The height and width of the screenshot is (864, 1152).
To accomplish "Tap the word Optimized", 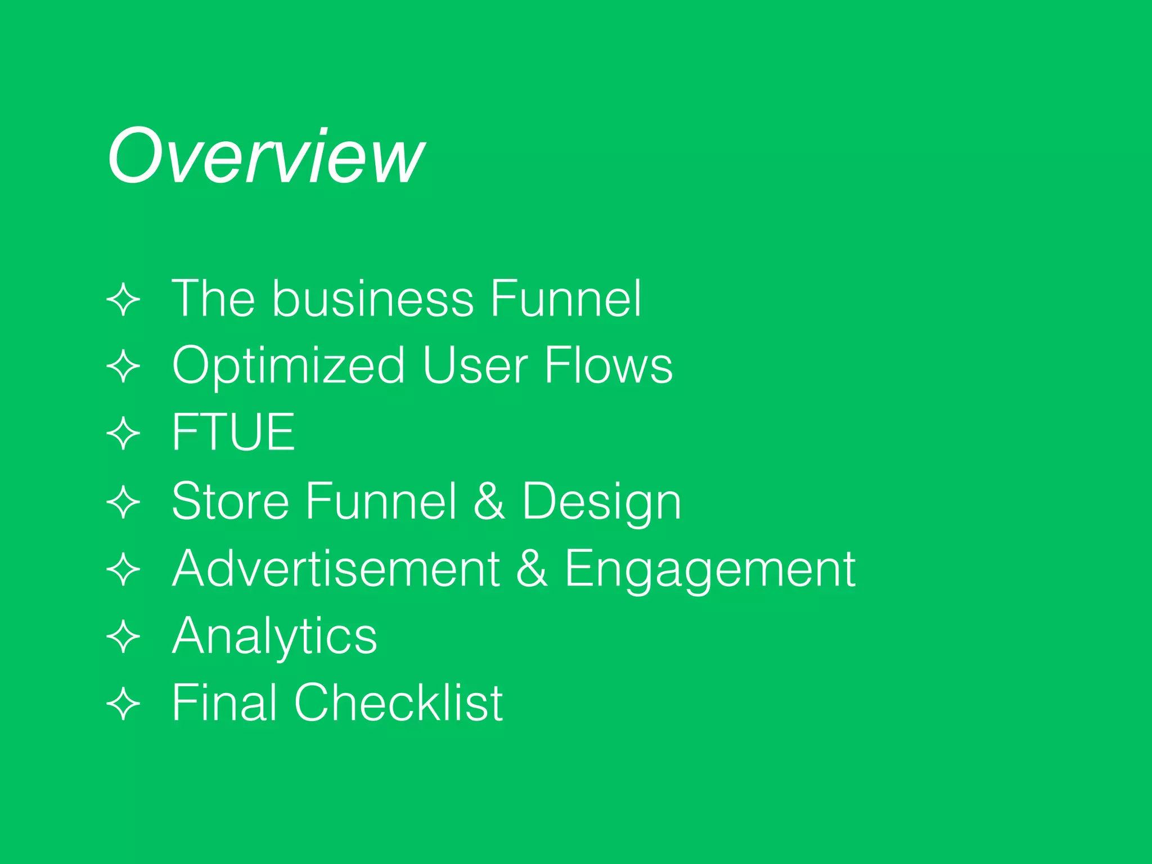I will point(288,366).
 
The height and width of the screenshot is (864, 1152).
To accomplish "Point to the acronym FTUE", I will point(233,432).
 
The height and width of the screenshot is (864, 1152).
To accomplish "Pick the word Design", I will point(601,502).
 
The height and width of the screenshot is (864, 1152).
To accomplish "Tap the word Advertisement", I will point(336,568).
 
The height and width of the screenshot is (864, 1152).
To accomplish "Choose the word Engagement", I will point(710,569).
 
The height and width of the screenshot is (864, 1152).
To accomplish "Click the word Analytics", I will point(274,636).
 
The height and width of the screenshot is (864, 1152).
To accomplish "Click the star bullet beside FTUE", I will point(123,434).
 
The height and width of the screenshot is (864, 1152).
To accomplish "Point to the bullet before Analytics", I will point(123,637).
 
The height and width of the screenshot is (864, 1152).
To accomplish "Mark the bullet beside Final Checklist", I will point(123,704).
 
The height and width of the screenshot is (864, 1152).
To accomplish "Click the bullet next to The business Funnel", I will point(123,300).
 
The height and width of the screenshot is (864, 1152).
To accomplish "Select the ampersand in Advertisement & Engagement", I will point(532,568).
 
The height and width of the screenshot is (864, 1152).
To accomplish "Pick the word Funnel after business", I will point(565,298).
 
